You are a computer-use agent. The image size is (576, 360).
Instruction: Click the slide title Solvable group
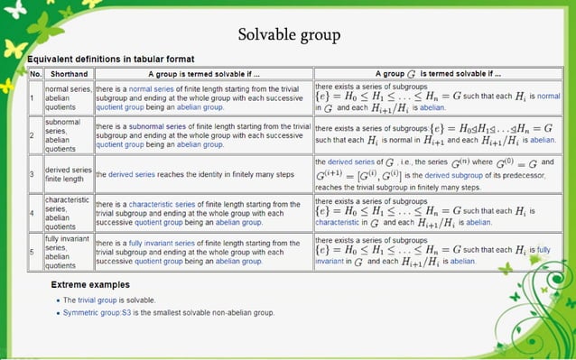click(x=289, y=35)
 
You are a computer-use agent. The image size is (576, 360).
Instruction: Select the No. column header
click(x=35, y=73)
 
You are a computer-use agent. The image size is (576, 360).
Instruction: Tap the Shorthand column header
click(x=69, y=73)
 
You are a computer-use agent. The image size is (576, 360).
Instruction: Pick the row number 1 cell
click(x=33, y=97)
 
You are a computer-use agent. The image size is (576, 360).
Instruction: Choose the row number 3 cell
click(x=33, y=173)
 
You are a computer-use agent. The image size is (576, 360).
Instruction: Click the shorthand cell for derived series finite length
click(x=69, y=173)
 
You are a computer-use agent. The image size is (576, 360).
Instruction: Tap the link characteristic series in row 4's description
click(x=163, y=204)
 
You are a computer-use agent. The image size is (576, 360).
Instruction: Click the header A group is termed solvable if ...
click(x=203, y=73)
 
